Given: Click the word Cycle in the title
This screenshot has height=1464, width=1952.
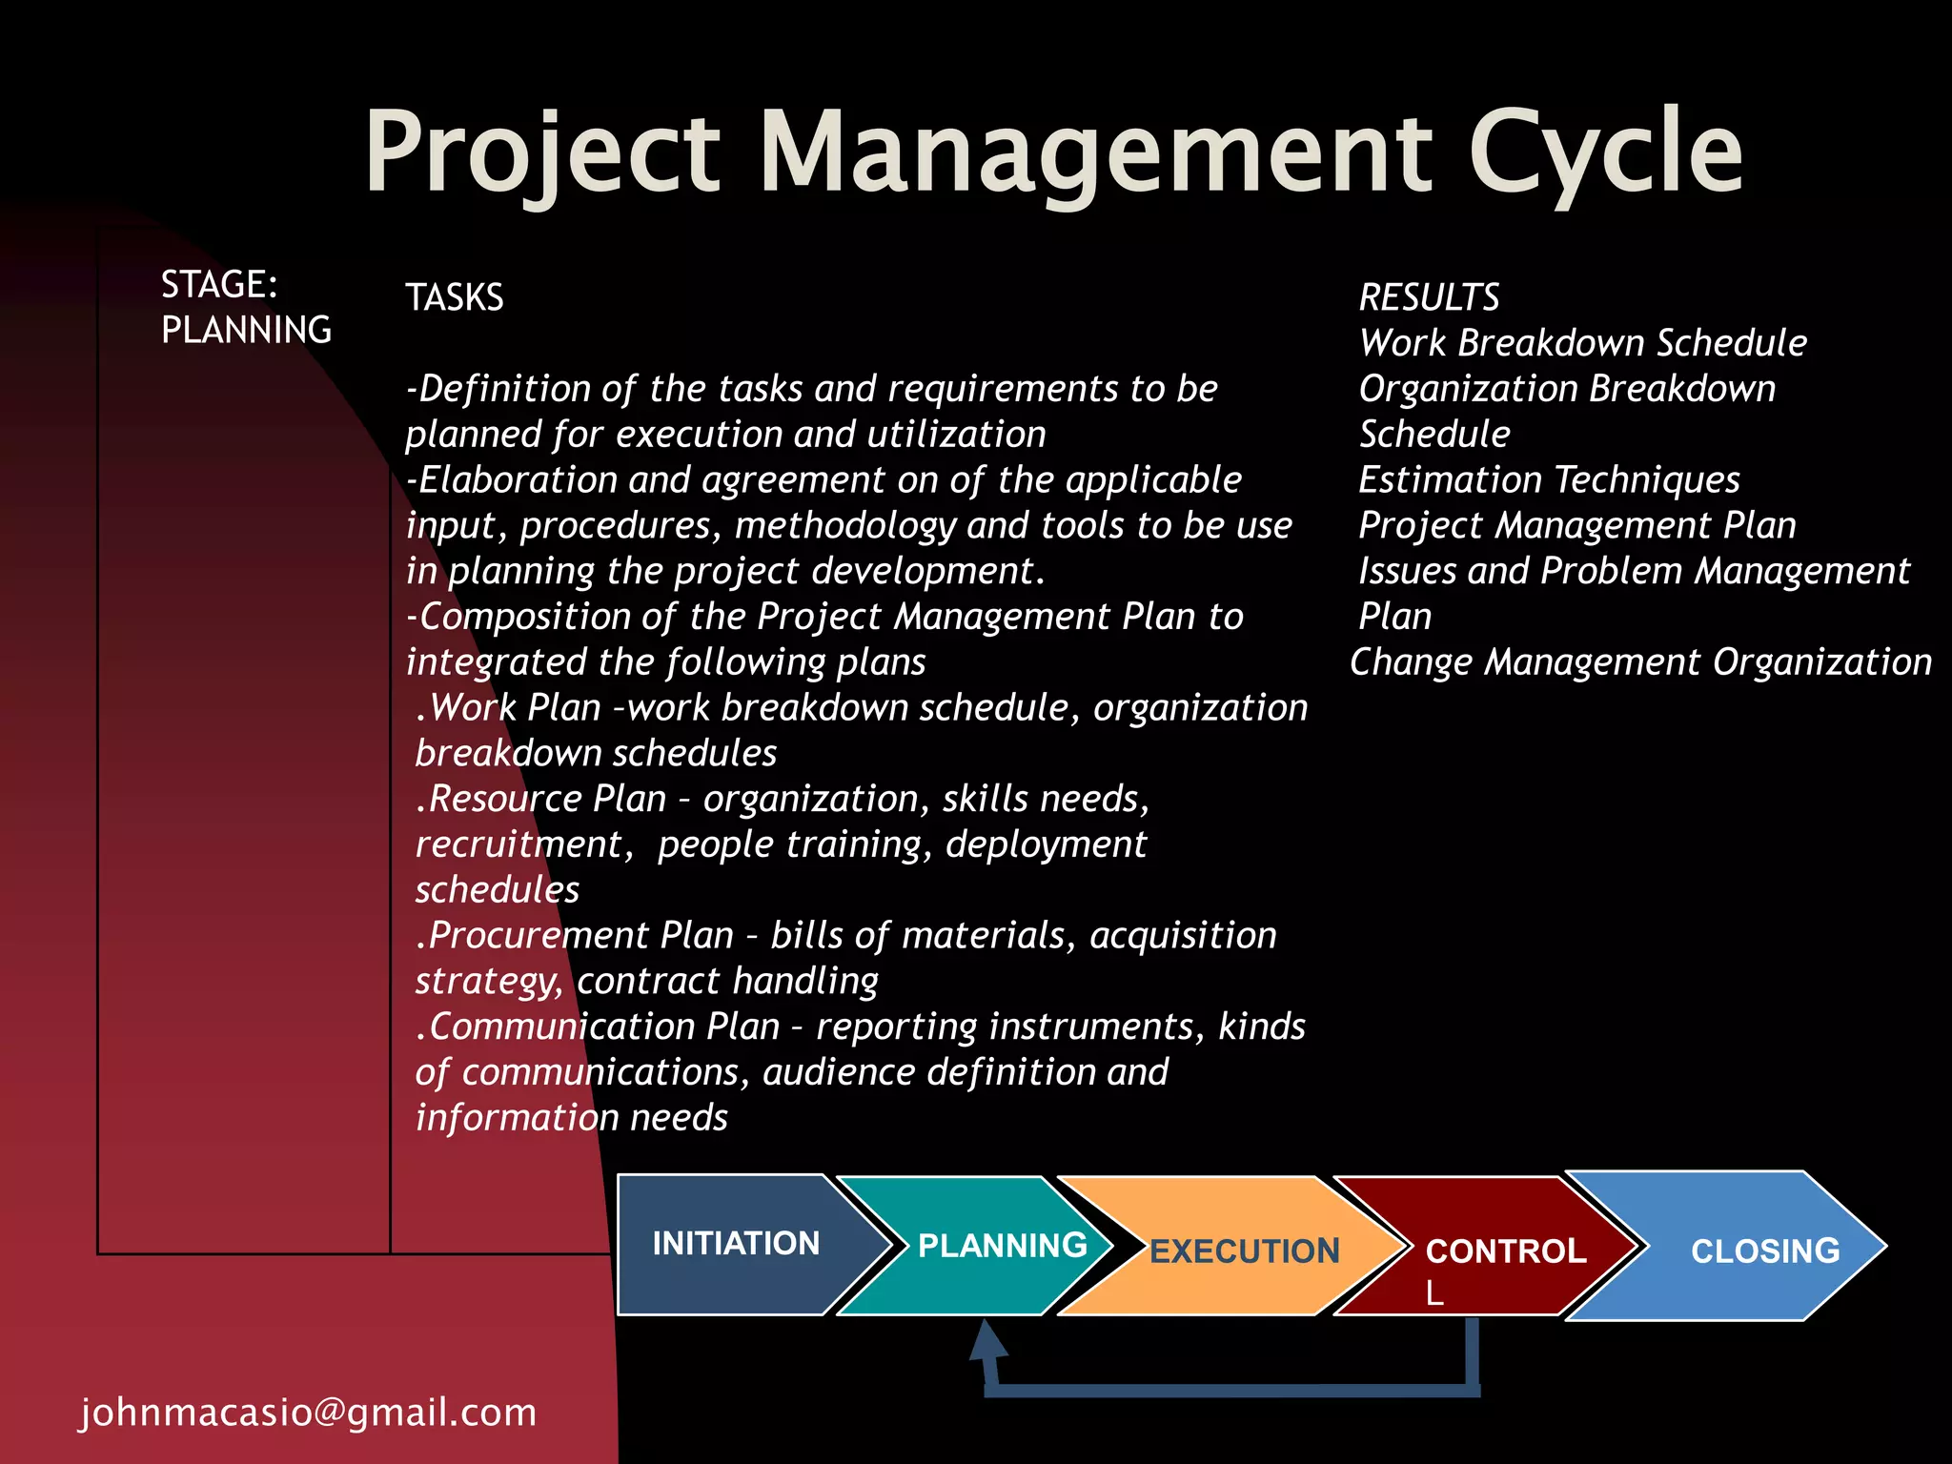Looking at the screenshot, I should (1605, 152).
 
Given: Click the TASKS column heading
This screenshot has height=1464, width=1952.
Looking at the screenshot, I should (454, 297).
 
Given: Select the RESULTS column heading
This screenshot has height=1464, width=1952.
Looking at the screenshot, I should (1428, 297).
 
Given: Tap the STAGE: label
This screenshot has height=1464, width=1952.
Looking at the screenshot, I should (218, 284).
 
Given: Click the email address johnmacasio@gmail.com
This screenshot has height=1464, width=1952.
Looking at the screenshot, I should (308, 1412).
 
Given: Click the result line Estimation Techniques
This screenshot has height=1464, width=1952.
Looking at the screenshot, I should (1548, 479).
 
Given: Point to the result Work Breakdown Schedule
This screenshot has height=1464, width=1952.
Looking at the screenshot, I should (1582, 343).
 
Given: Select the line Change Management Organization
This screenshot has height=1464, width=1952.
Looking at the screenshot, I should (1640, 661).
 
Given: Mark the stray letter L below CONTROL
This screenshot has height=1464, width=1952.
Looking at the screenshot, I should (1433, 1293).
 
